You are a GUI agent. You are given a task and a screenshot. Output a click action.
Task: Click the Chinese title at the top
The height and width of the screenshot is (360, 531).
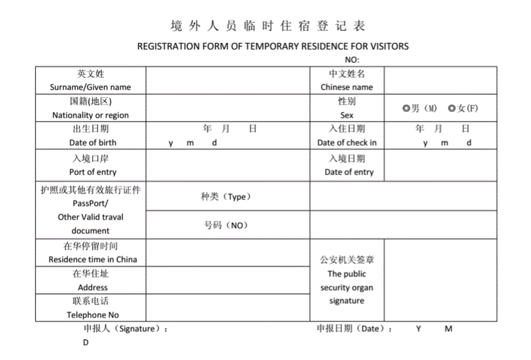(x=267, y=26)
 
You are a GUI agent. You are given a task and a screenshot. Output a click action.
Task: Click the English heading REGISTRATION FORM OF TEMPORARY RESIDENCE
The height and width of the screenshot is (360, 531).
(x=273, y=46)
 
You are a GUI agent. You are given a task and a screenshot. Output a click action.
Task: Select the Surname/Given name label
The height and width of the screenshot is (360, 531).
(x=90, y=87)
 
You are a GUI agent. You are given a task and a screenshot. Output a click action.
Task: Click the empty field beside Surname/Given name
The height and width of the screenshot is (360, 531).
(x=228, y=80)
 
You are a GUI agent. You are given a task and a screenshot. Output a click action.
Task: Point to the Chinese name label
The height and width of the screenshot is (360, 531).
(x=347, y=87)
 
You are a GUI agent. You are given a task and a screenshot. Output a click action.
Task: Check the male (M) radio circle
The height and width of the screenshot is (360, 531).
(x=406, y=108)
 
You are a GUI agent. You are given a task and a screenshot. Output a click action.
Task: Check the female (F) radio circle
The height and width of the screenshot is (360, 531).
(x=451, y=108)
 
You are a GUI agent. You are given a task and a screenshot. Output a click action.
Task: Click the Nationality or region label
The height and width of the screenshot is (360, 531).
(x=90, y=115)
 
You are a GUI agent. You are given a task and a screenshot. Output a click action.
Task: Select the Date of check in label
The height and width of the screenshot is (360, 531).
(x=347, y=142)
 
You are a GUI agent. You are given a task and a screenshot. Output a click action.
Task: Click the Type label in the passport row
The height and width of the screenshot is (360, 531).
(x=226, y=197)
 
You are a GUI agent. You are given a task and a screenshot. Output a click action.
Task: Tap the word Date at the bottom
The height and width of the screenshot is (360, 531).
(x=370, y=329)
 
